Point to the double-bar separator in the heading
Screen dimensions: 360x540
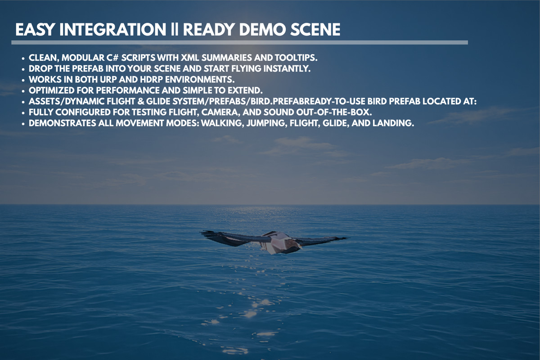click(x=175, y=30)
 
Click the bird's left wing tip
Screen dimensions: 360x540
click(x=203, y=233)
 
